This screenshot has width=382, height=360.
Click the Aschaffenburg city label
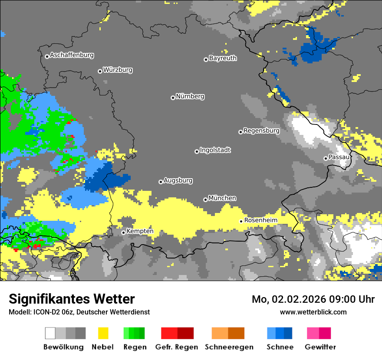pos(72,55)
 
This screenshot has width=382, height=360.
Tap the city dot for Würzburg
pos(100,71)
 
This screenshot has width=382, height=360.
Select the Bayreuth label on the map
pos(223,58)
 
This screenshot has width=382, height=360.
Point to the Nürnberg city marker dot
pos(173,98)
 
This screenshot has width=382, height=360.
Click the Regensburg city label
pos(261,131)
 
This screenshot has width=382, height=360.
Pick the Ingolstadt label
pos(215,150)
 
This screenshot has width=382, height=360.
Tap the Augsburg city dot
pos(161,182)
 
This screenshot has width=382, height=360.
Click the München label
pos(222,198)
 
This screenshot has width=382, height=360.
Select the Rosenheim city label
pos(260,220)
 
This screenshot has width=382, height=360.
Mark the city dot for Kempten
pos(123,232)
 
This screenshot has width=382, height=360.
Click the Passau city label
pos(339,157)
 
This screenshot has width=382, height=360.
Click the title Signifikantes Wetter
pos(72,299)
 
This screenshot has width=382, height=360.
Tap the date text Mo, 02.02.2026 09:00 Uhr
pos(313,299)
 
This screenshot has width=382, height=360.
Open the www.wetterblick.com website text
pos(313,312)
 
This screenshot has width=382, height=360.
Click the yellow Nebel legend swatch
pos(102,333)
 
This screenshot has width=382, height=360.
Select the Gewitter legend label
pos(320,347)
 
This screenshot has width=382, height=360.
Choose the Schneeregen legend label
pos(229,347)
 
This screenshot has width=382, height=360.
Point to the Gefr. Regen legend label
pos(177,347)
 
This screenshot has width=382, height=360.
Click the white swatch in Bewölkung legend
pos(50,333)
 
